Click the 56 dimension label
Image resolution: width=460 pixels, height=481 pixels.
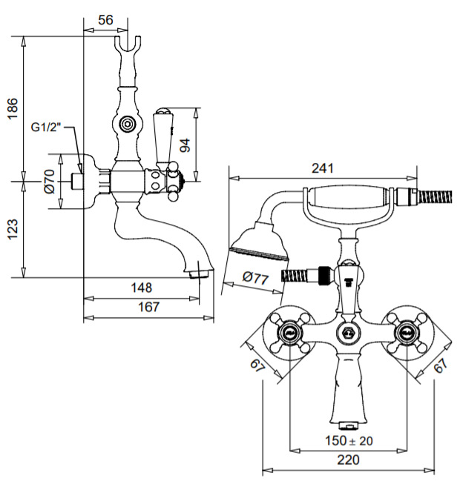pyautogui.click(x=105, y=20)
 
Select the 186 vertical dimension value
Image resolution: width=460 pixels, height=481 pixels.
pyautogui.click(x=13, y=109)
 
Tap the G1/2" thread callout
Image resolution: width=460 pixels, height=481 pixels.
pyautogui.click(x=46, y=127)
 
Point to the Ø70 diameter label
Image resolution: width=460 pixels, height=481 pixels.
pyautogui.click(x=50, y=182)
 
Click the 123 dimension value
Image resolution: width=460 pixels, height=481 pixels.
pyautogui.click(x=13, y=229)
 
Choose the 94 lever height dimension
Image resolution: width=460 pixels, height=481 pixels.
pyautogui.click(x=185, y=145)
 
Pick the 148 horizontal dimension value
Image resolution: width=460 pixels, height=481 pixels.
pyautogui.click(x=142, y=288)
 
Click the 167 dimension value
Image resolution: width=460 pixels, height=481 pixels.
pyautogui.click(x=149, y=307)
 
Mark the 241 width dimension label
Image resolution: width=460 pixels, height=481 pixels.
pyautogui.click(x=323, y=168)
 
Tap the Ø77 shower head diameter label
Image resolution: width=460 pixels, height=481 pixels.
pyautogui.click(x=256, y=278)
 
